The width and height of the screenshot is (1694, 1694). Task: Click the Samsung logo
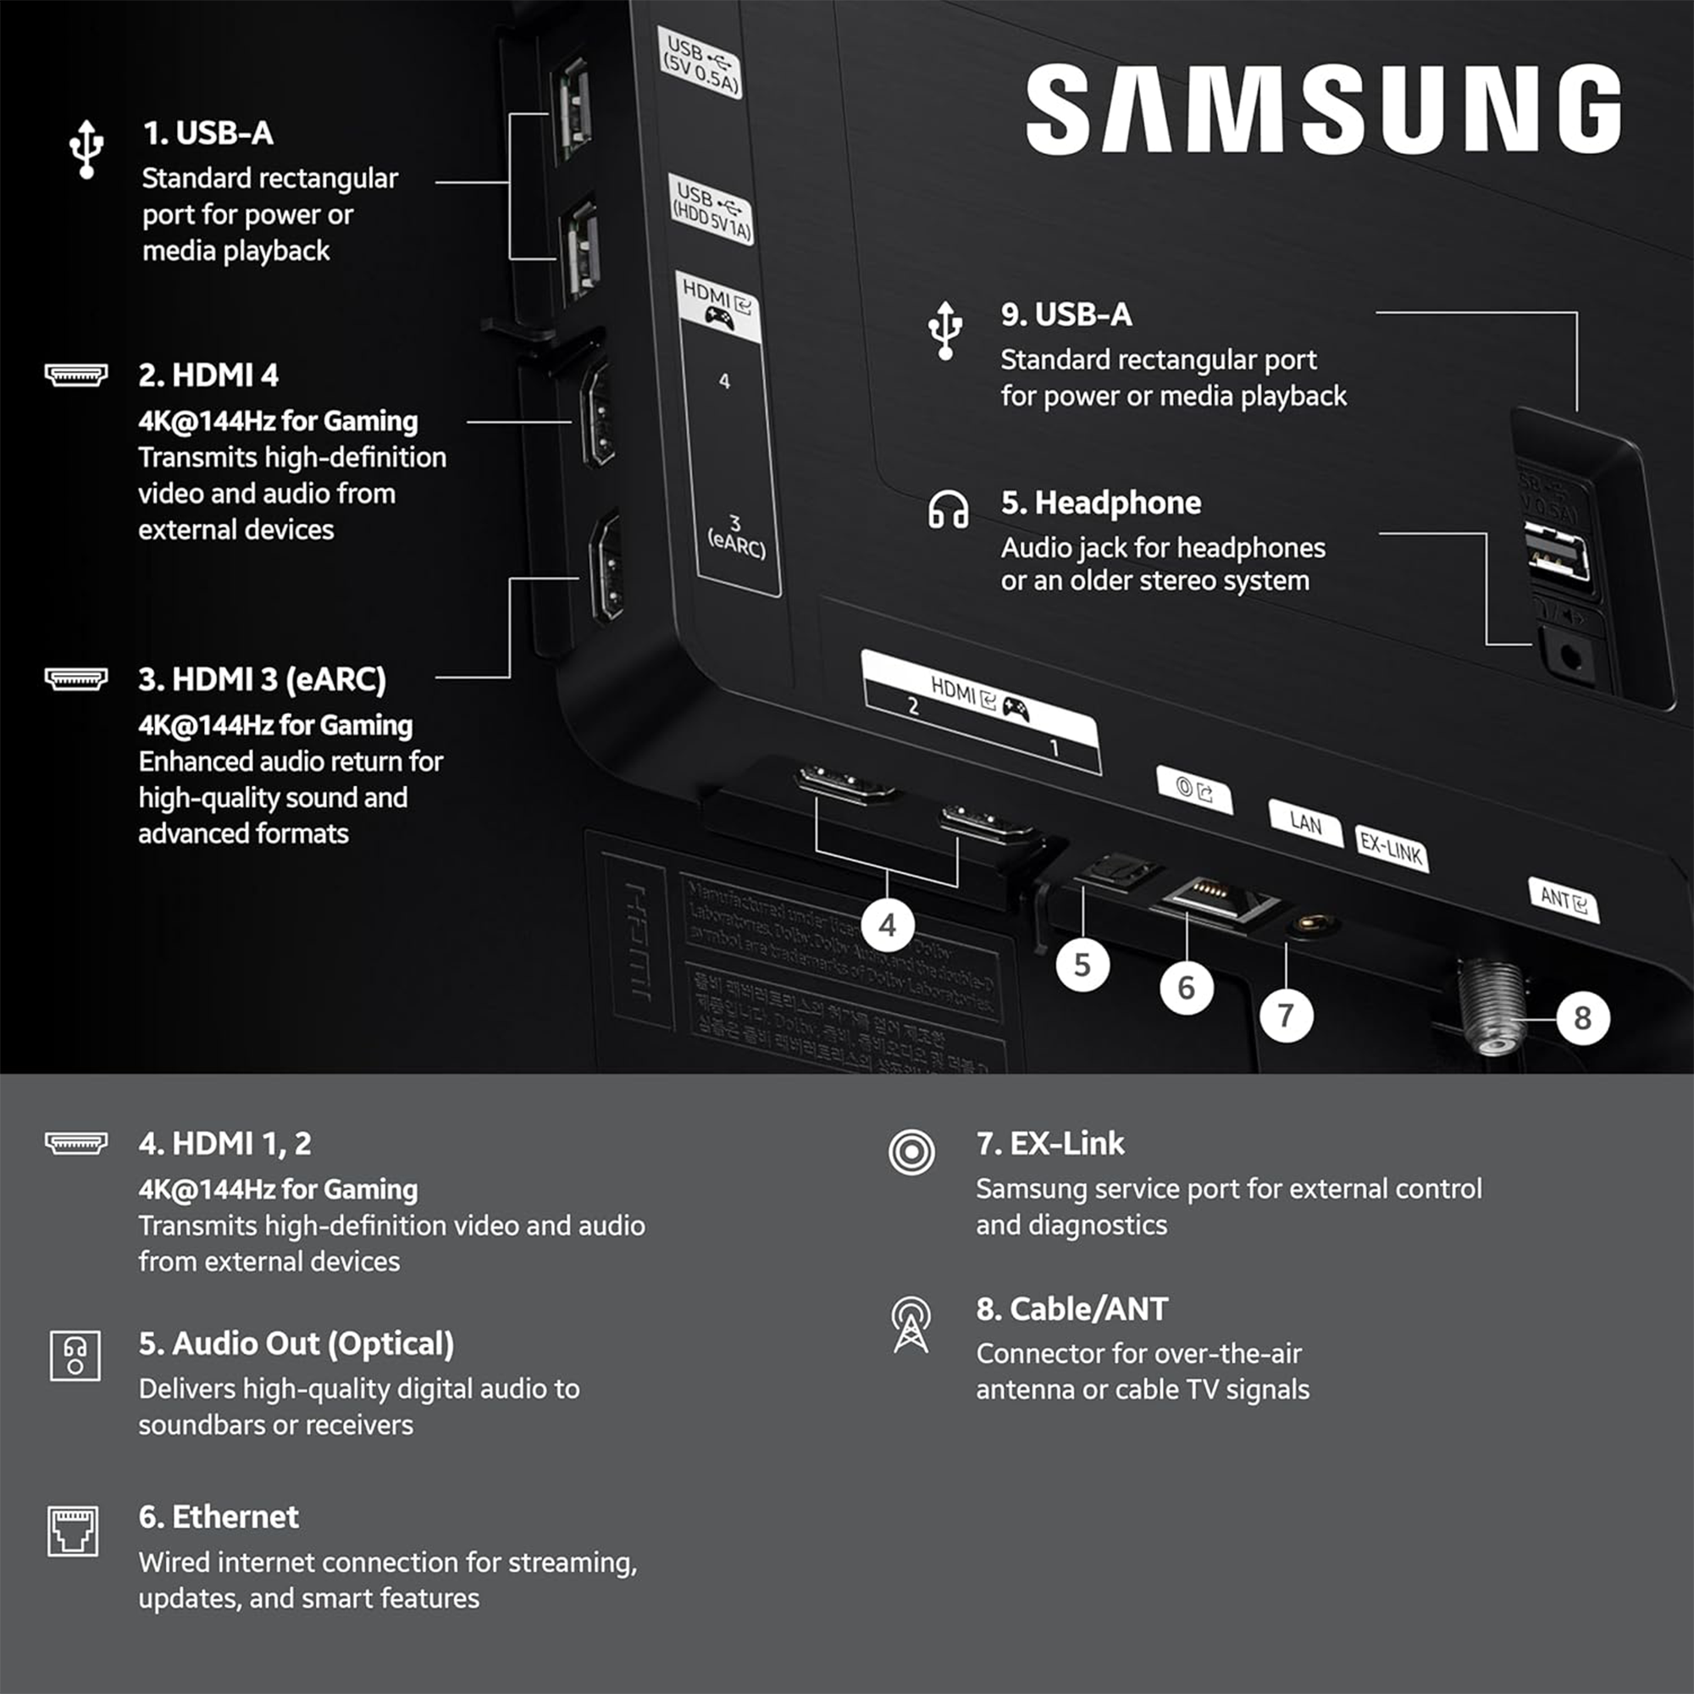click(1322, 108)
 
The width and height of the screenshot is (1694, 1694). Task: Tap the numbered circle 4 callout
click(888, 925)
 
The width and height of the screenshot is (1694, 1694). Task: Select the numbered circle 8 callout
click(1581, 1018)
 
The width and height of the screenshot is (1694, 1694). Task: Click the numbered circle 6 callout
click(1186, 988)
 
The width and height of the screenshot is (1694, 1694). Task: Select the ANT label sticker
click(1564, 900)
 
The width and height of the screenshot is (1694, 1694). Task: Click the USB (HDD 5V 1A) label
click(711, 209)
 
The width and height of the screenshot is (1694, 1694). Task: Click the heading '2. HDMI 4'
click(208, 375)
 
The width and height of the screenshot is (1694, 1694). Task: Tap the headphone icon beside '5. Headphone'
click(948, 509)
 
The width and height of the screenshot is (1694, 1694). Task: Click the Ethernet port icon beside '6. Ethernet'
click(74, 1531)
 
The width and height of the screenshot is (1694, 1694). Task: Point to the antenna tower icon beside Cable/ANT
click(911, 1325)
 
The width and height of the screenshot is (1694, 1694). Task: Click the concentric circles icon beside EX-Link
click(911, 1151)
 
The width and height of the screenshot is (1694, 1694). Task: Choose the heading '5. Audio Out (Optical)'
click(296, 1343)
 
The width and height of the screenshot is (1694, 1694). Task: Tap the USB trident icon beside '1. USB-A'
click(86, 149)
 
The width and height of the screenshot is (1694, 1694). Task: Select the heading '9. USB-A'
click(1066, 315)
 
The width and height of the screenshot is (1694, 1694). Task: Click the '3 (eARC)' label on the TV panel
click(736, 537)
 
